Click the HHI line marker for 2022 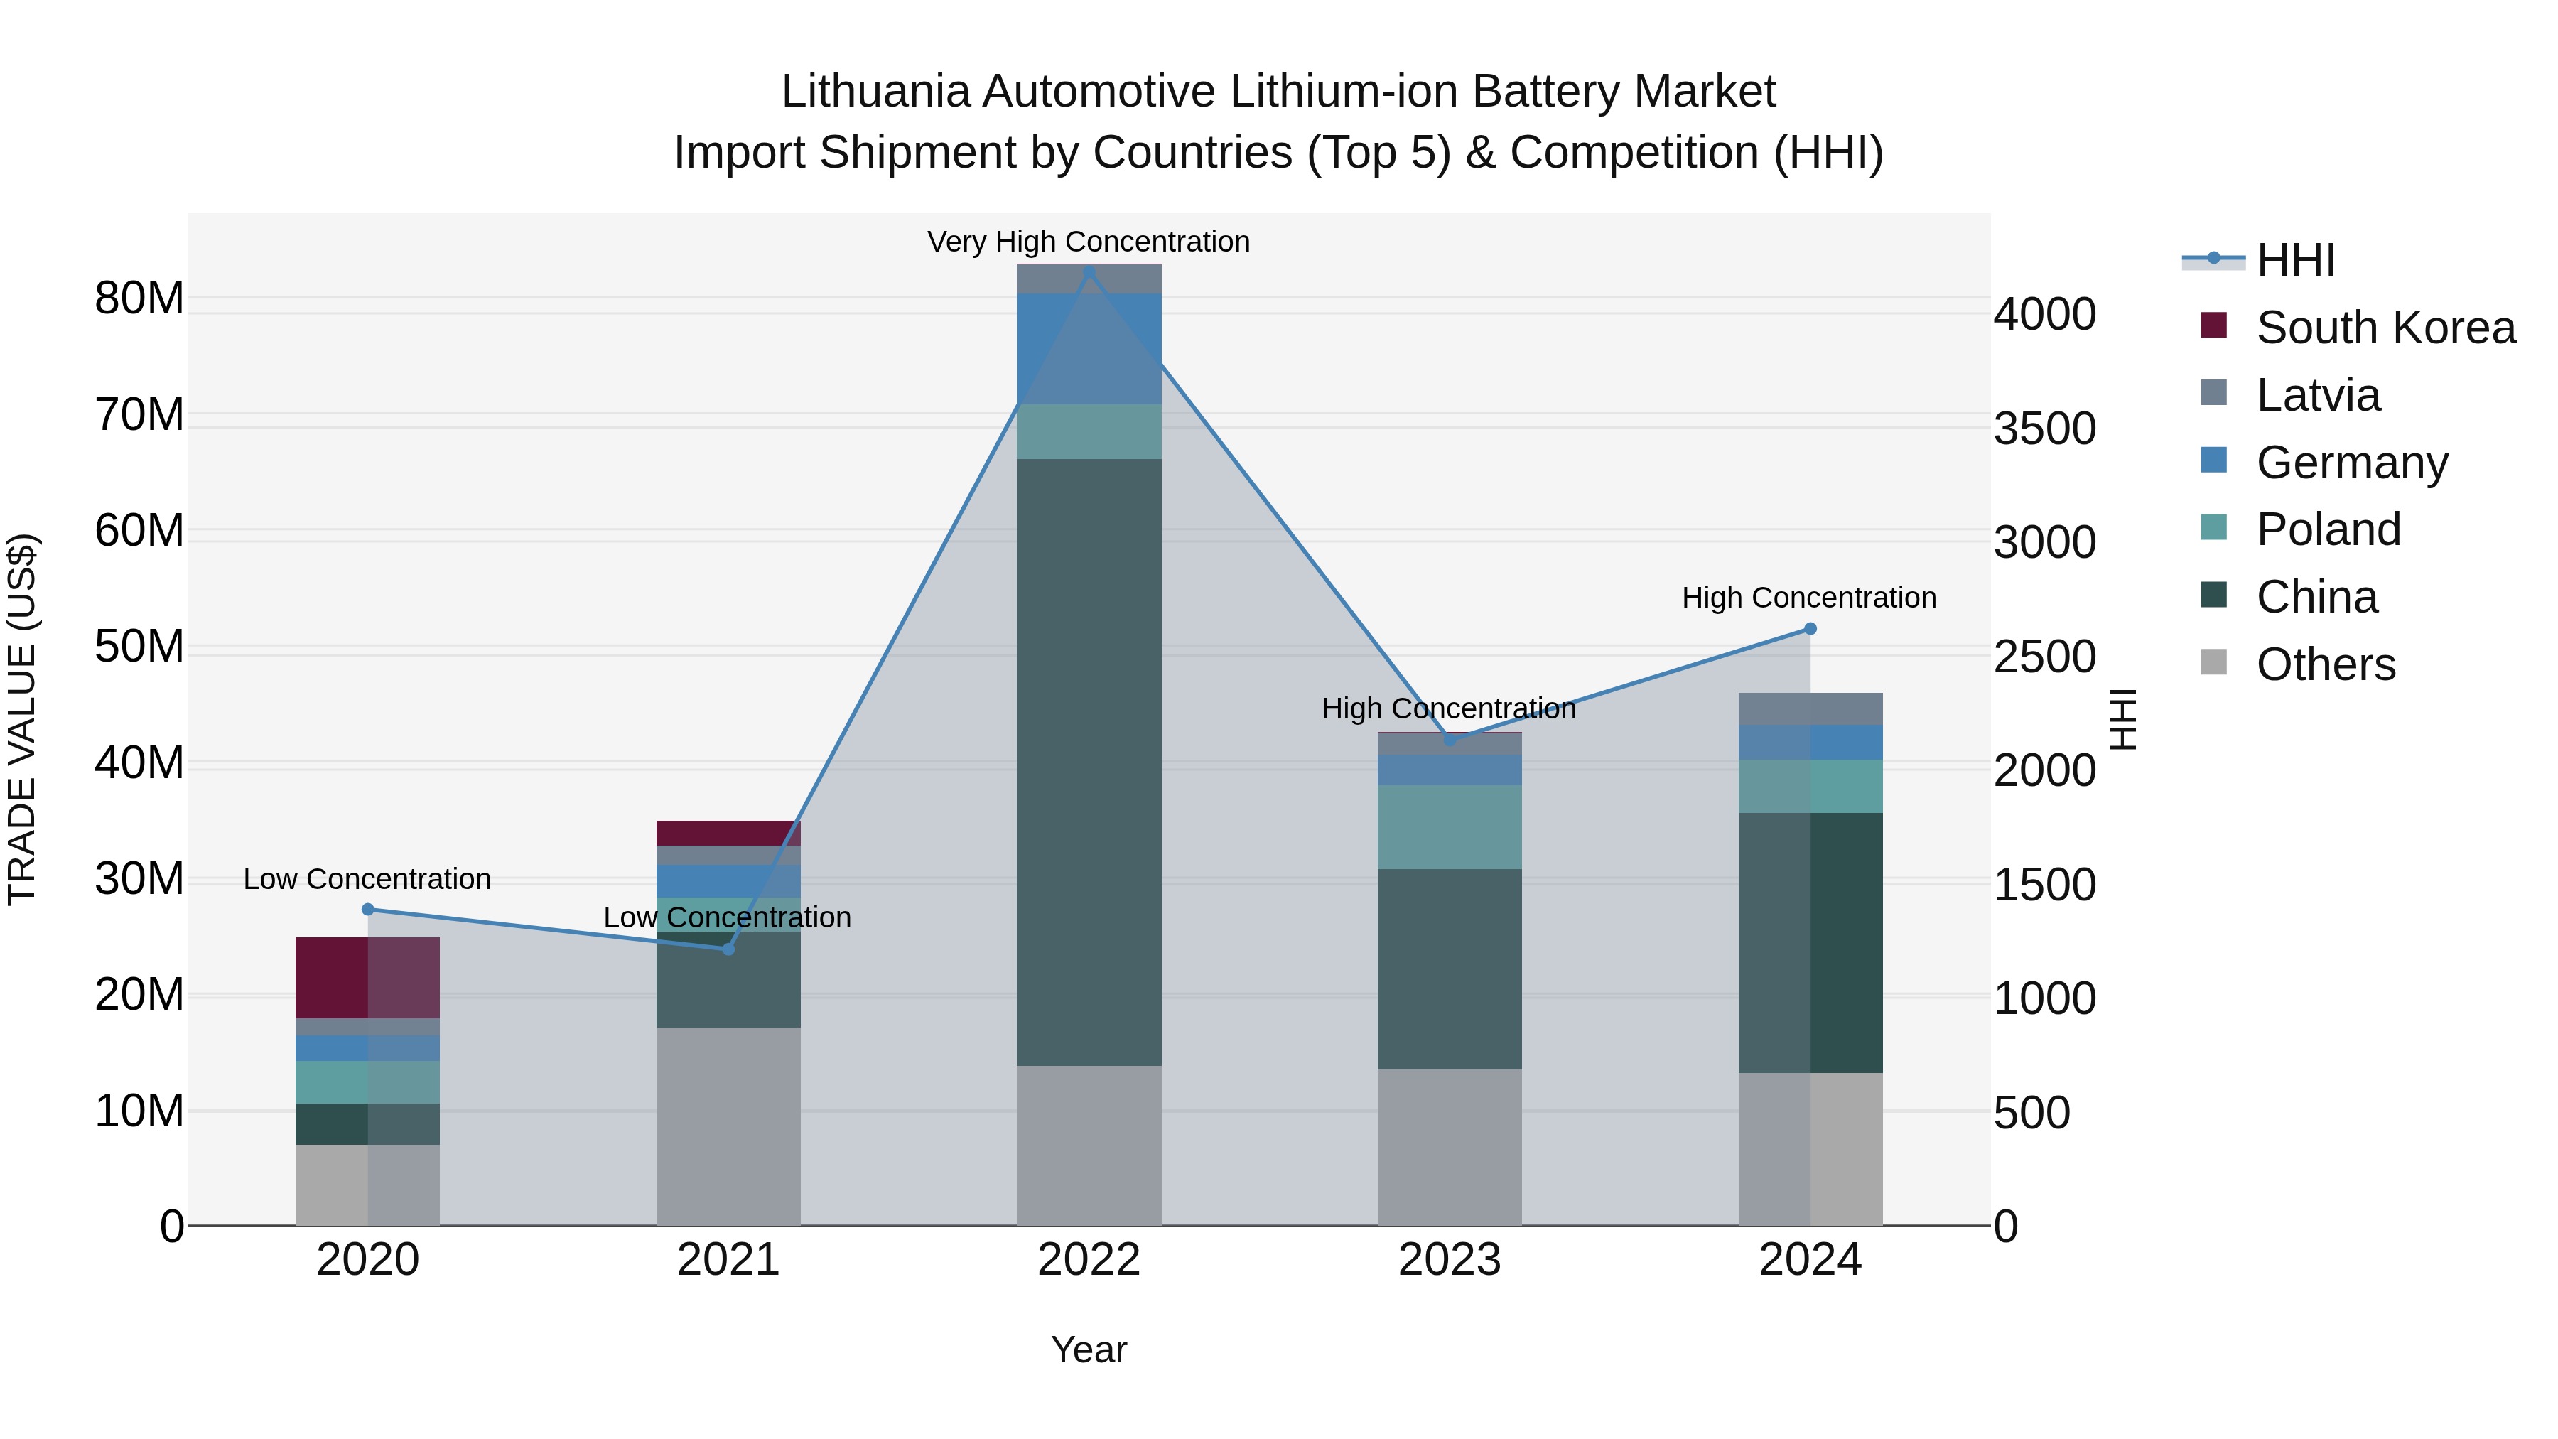coord(1089,271)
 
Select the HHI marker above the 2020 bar coord(367,909)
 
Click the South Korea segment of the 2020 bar coord(367,977)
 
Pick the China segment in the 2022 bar coord(1089,762)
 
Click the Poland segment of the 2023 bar coord(1449,826)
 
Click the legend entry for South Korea coord(2383,328)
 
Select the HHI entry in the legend coord(2294,260)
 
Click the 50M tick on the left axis coord(139,647)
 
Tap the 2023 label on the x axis coord(1449,1260)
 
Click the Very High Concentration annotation coord(1089,242)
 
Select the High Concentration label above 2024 coord(1808,598)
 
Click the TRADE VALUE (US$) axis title coord(23,719)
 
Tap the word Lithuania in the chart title coord(875,92)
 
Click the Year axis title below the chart coord(1089,1349)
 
